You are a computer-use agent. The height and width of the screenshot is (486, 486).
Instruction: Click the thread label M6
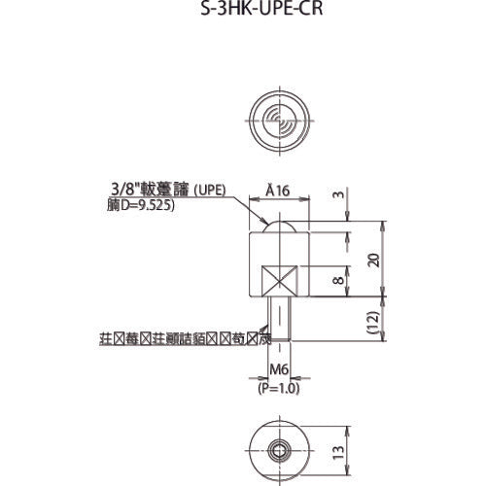pos(279,368)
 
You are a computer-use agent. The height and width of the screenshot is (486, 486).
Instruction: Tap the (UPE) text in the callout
pos(209,191)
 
